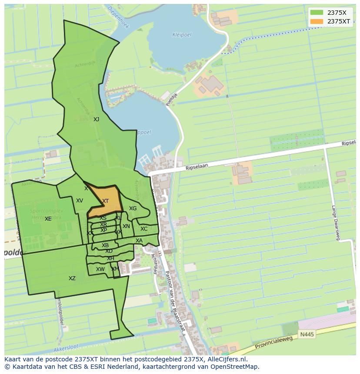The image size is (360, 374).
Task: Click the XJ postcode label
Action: [96, 119]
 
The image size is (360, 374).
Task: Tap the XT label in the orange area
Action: [105, 201]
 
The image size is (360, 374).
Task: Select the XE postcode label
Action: [48, 219]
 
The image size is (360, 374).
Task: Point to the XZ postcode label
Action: [72, 278]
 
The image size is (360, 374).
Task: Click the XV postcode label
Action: [80, 201]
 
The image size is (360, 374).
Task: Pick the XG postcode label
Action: [133, 209]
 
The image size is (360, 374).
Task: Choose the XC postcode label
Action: [144, 229]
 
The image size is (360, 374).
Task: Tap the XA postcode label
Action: [139, 241]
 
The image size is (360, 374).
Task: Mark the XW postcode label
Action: [100, 269]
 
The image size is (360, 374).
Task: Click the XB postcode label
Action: [105, 245]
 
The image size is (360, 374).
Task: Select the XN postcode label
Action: [126, 226]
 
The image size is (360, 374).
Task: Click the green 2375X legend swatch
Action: [317, 13]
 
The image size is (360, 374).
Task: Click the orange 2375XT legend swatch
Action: [317, 21]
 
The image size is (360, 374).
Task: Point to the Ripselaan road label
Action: [197, 166]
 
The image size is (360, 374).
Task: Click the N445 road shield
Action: [306, 334]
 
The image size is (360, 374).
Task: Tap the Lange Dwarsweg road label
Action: [335, 222]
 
